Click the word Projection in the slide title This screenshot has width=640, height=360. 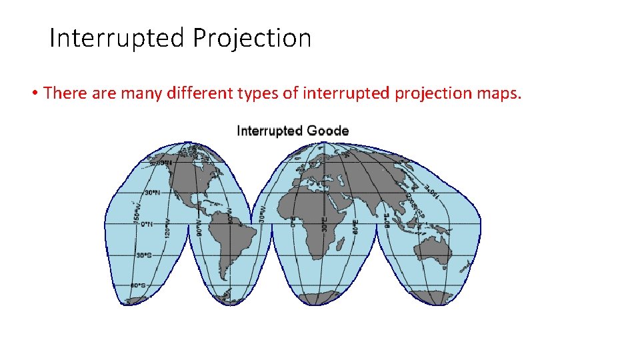[x=252, y=38]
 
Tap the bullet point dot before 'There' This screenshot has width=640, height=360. [x=33, y=93]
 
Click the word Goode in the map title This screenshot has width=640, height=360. [x=327, y=131]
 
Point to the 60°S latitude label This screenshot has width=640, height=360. [x=138, y=285]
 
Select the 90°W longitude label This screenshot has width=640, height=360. [x=199, y=228]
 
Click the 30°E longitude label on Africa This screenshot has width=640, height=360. [x=325, y=225]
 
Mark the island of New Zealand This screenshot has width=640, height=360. [x=471, y=265]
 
